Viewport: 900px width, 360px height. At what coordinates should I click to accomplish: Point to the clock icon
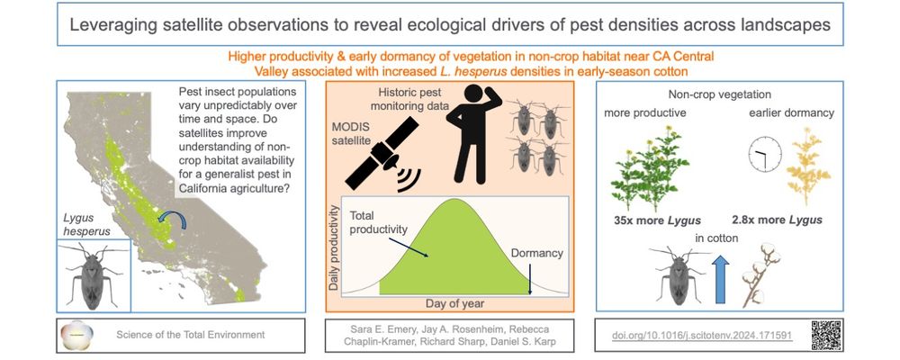pyautogui.click(x=763, y=157)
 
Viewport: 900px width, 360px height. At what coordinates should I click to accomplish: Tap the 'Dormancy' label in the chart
pyautogui.click(x=537, y=253)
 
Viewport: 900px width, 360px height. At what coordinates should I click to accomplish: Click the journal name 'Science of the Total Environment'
pyautogui.click(x=191, y=335)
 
